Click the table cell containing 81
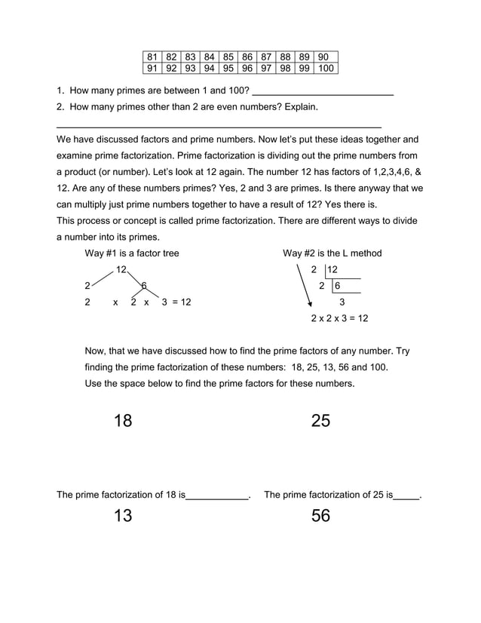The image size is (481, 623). tap(152, 57)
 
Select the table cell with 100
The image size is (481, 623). tap(326, 69)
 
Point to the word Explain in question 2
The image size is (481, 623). tap(300, 107)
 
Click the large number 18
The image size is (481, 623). tap(123, 421)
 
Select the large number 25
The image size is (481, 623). tap(320, 421)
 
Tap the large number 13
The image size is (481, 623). tap(123, 516)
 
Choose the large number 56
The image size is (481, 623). tap(320, 516)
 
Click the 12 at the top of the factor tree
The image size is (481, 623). tap(121, 270)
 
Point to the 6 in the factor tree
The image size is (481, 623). tap(144, 285)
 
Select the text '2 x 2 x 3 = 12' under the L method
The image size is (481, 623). tap(339, 318)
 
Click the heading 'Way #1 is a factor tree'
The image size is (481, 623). tap(132, 253)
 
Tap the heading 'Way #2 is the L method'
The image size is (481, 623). tap(332, 253)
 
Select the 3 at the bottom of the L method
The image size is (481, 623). tap(342, 302)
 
